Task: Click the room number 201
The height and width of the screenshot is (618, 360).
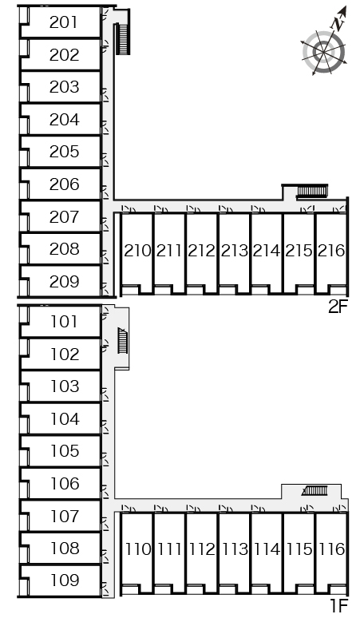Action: pos(64,22)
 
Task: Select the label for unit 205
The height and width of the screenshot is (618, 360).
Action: pos(64,152)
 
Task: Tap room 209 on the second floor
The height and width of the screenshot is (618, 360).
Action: pos(64,281)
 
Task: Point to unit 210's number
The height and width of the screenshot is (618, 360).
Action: pos(137,251)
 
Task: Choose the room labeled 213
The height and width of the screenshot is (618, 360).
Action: pos(235,251)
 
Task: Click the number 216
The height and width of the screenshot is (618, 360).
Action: pos(331,251)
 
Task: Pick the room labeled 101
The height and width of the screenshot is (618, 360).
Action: pos(64,322)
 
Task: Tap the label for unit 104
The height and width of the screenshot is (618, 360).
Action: pos(65,418)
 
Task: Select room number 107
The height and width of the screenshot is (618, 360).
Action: pos(65,516)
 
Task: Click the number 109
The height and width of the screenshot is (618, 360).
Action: pos(65,580)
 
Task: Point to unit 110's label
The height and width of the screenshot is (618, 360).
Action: pos(138,549)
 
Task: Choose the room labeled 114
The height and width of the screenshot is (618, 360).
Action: pos(267,549)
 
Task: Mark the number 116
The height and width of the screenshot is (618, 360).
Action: pos(331,549)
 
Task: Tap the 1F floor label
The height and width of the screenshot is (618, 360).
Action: pos(339,605)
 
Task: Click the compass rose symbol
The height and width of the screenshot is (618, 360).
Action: pos(325,46)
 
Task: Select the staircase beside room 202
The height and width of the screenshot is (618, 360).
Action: pos(122,39)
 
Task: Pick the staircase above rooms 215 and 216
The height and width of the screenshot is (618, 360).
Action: pos(312,191)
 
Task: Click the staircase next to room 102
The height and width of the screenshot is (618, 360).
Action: pos(123,340)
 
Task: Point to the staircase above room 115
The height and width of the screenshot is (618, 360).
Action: pos(315,490)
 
